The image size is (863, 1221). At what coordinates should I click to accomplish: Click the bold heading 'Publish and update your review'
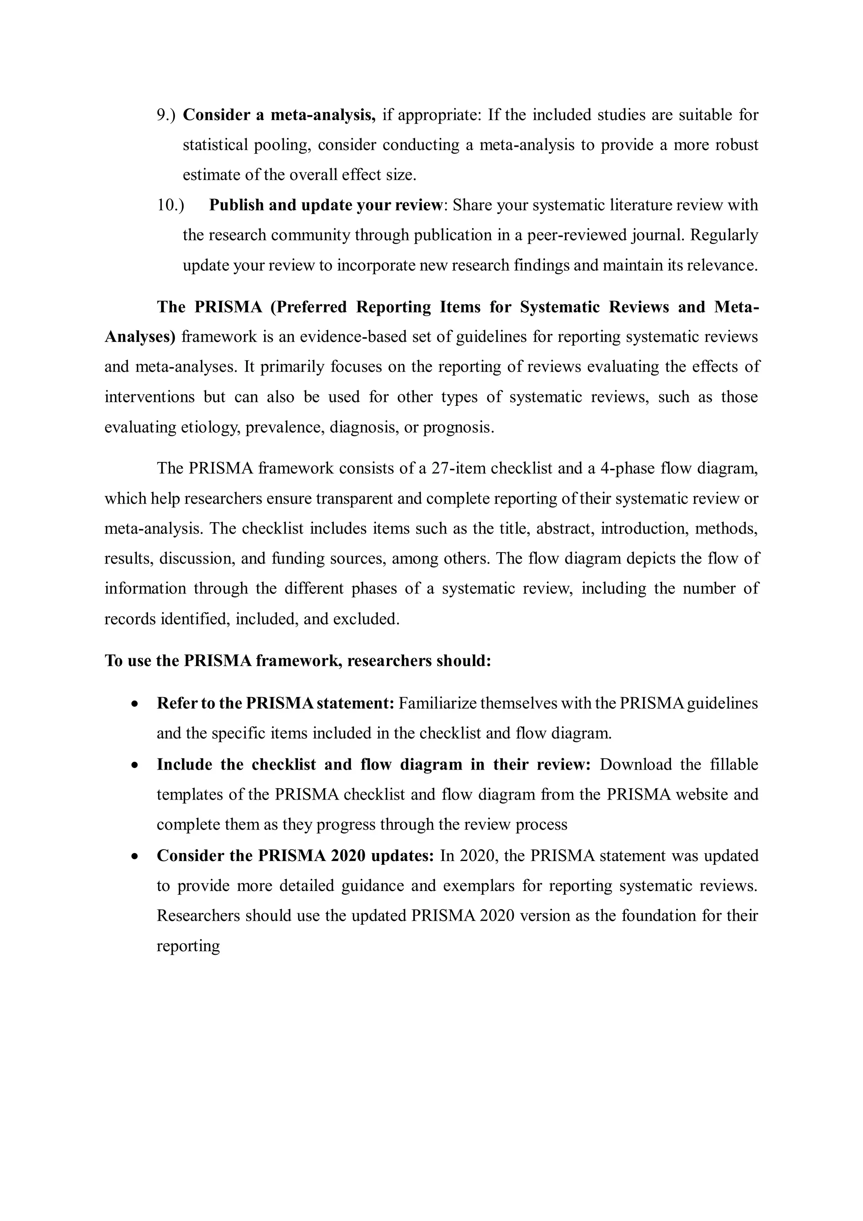pos(325,205)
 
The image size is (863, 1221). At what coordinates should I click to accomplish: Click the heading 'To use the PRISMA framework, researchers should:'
pos(297,660)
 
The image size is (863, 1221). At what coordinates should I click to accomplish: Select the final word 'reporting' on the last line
pos(188,947)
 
